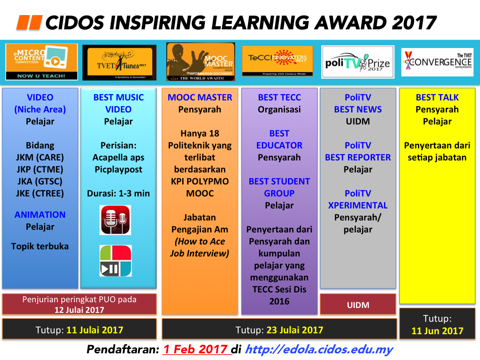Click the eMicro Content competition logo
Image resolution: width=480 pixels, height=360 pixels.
pyautogui.click(x=41, y=62)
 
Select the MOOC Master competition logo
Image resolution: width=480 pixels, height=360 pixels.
pyautogui.click(x=200, y=62)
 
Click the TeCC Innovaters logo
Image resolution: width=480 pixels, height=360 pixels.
pyautogui.click(x=277, y=61)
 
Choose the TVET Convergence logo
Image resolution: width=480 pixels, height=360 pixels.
pyautogui.click(x=437, y=61)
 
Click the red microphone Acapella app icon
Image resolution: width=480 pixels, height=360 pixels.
pyautogui.click(x=115, y=220)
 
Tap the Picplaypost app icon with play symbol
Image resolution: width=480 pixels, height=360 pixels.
pyautogui.click(x=115, y=261)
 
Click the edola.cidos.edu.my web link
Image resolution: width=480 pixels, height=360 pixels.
pyautogui.click(x=319, y=349)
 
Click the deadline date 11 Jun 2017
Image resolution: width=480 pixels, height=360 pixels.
pyautogui.click(x=437, y=331)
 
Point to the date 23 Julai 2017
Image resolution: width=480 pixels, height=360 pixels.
pyautogui.click(x=295, y=330)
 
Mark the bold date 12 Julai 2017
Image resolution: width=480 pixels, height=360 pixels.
pyautogui.click(x=79, y=310)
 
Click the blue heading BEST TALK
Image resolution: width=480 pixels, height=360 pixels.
pyautogui.click(x=437, y=97)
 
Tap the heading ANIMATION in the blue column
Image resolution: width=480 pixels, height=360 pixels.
pyautogui.click(x=40, y=215)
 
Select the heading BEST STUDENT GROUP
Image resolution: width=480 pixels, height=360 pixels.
pyautogui.click(x=279, y=187)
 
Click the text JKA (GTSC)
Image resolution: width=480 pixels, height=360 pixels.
pyautogui.click(x=40, y=181)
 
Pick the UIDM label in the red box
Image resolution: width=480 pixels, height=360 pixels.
pyautogui.click(x=358, y=305)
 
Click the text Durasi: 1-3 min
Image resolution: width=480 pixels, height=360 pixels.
pyautogui.click(x=118, y=193)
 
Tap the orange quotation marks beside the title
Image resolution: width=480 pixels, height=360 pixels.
pyautogui.click(x=29, y=22)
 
